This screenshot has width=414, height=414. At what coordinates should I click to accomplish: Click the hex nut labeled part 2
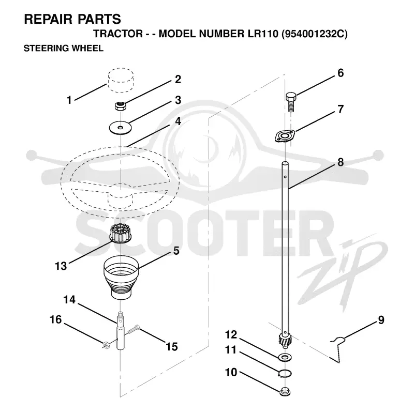(x=121, y=106)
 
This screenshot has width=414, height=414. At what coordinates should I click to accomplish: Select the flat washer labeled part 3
(x=121, y=128)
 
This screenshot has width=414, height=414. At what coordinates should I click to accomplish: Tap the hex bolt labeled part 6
(x=291, y=102)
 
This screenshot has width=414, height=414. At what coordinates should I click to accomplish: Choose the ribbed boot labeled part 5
(x=121, y=277)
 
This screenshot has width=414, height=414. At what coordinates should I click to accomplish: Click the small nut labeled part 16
(x=106, y=345)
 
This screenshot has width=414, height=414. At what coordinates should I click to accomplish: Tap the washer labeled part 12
(x=285, y=358)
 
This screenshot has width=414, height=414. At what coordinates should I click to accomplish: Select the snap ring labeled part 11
(x=285, y=373)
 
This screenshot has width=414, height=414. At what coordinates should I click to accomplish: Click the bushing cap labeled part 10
(x=285, y=391)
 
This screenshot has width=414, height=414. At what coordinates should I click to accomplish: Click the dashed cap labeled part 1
(x=121, y=80)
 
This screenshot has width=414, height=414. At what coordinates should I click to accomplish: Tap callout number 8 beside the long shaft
(x=341, y=162)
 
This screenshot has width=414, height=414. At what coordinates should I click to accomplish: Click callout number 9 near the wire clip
(x=381, y=320)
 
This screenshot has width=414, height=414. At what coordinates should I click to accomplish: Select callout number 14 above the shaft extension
(x=69, y=300)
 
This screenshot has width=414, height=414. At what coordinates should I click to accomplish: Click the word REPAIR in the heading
(x=48, y=19)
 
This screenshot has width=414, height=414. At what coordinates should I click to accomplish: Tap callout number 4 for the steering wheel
(x=178, y=121)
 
